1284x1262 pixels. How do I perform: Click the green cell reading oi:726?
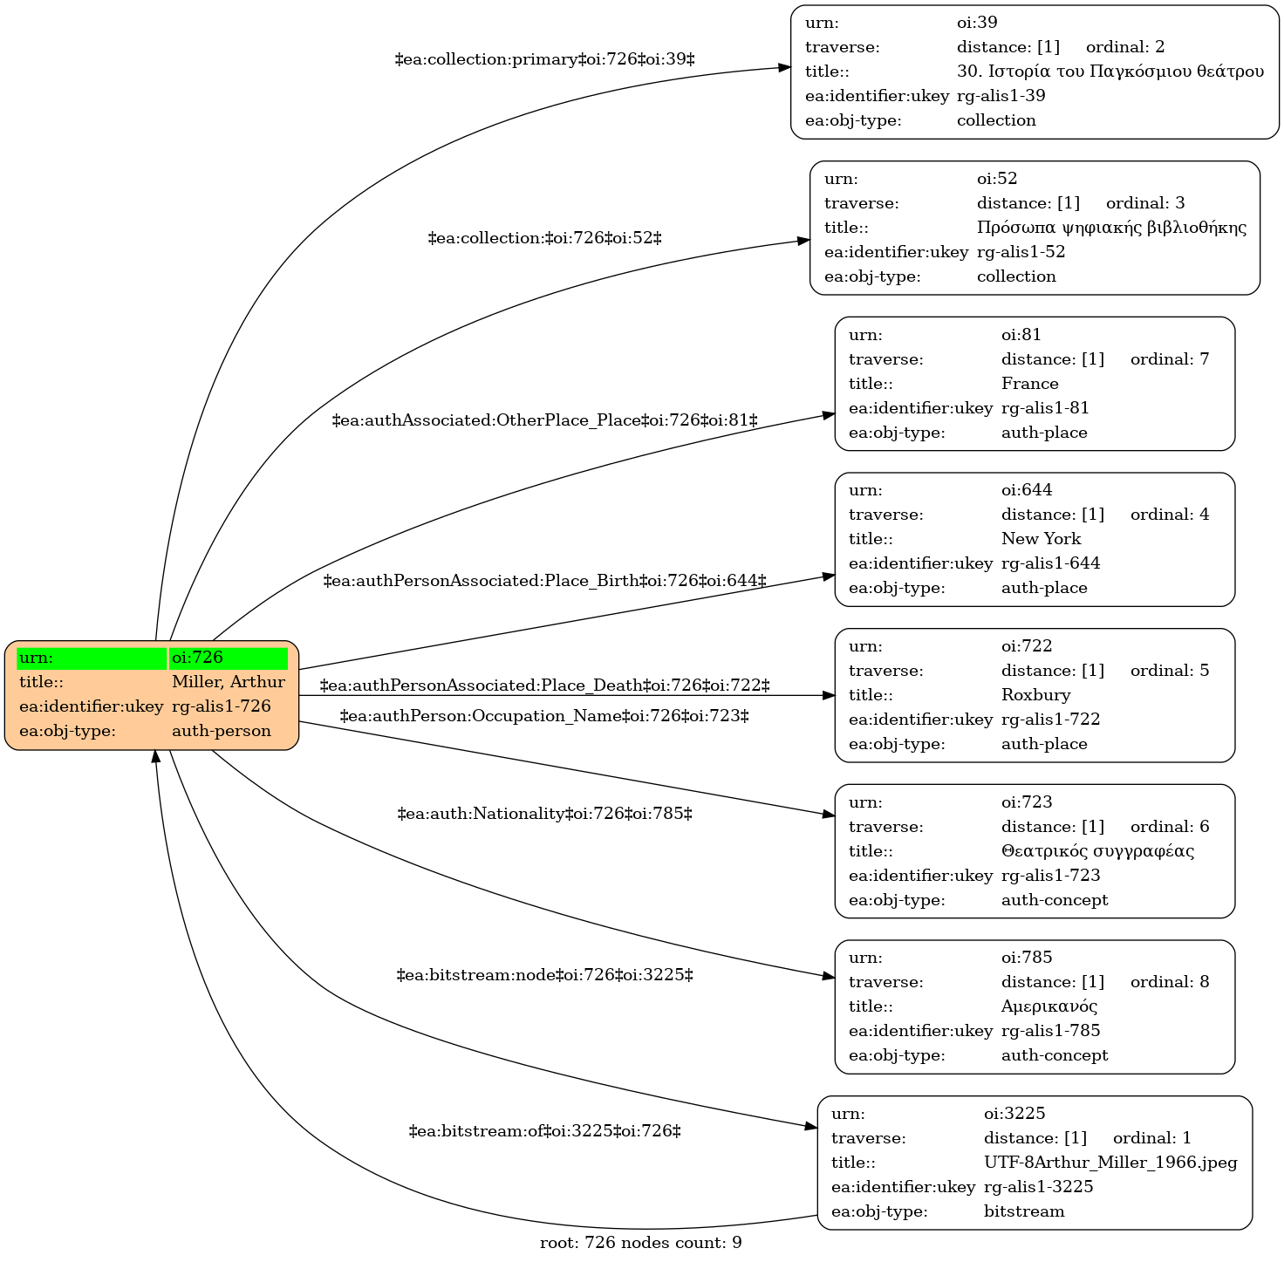click(228, 658)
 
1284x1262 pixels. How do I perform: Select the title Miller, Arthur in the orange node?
click(228, 682)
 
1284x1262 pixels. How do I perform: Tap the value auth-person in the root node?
click(222, 731)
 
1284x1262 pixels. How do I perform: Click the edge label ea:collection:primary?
click(545, 59)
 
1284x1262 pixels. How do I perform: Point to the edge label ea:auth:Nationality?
click(545, 814)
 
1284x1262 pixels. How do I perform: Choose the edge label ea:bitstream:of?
click(545, 1131)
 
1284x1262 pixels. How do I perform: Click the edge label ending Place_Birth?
click(545, 581)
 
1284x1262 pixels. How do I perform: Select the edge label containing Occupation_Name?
click(545, 716)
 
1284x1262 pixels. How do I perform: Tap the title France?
click(1029, 384)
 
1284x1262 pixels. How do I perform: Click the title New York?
click(1041, 538)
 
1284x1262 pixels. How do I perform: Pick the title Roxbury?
click(1035, 695)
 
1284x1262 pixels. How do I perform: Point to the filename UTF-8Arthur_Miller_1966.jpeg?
click(1110, 1163)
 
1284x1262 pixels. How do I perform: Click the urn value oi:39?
click(977, 23)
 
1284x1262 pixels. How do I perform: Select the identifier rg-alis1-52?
click(1021, 252)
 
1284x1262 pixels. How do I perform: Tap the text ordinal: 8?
click(1170, 981)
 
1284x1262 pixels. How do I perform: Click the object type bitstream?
click(1023, 1211)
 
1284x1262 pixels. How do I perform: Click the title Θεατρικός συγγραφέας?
click(1097, 851)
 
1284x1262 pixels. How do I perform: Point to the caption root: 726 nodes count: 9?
click(640, 1243)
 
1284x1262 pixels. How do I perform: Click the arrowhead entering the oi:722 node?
click(829, 696)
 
